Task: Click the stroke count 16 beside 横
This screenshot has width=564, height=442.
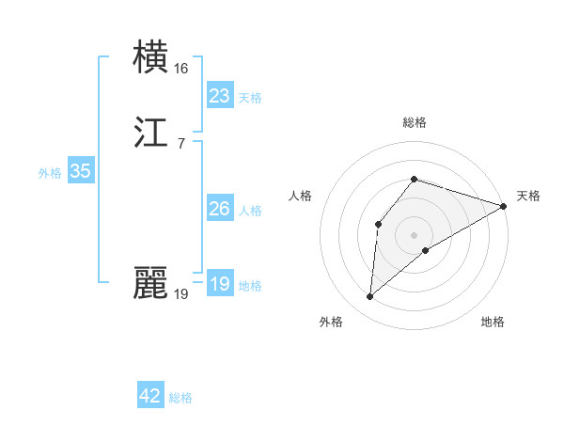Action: pos(181,69)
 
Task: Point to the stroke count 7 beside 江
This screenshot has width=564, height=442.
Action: pos(180,144)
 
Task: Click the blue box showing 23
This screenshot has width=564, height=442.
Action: pos(219,95)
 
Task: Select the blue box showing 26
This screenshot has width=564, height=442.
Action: pos(219,209)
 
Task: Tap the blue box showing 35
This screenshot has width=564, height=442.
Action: pos(80,171)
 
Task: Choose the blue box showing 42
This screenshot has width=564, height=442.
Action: pos(150,396)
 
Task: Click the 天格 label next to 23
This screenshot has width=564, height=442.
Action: pos(249,98)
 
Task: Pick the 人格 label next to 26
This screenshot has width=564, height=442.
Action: pos(249,211)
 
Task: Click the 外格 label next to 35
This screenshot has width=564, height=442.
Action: pos(49,173)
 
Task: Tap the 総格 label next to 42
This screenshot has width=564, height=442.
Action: pos(180,398)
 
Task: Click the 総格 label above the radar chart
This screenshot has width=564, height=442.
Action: pos(415,122)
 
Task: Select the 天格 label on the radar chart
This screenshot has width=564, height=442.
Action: pos(528,196)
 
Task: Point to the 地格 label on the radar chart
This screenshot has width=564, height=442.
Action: pos(493,322)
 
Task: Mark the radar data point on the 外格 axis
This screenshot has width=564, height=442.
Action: pos(370,297)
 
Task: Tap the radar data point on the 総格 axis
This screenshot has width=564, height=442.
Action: pos(415,179)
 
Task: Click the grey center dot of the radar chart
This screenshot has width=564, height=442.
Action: pos(415,234)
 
